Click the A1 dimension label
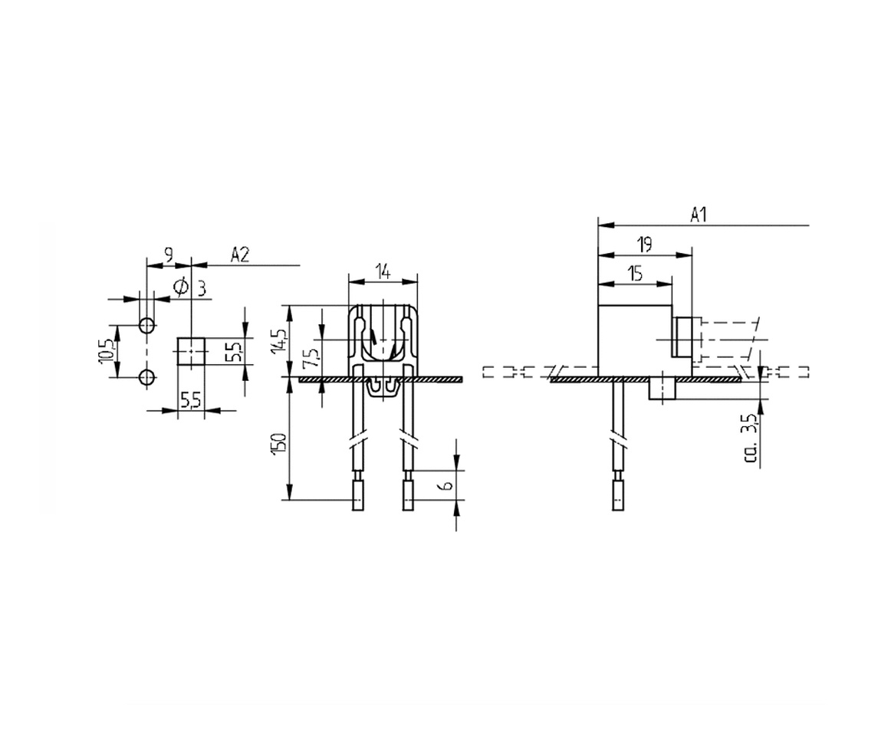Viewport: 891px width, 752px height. click(698, 215)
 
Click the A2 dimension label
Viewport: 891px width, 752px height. click(240, 254)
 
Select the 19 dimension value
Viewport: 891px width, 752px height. click(644, 245)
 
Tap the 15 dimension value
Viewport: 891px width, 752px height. click(635, 274)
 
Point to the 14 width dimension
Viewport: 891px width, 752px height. click(383, 272)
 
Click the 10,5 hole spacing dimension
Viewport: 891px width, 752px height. click(107, 352)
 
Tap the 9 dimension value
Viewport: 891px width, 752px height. click(169, 254)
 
